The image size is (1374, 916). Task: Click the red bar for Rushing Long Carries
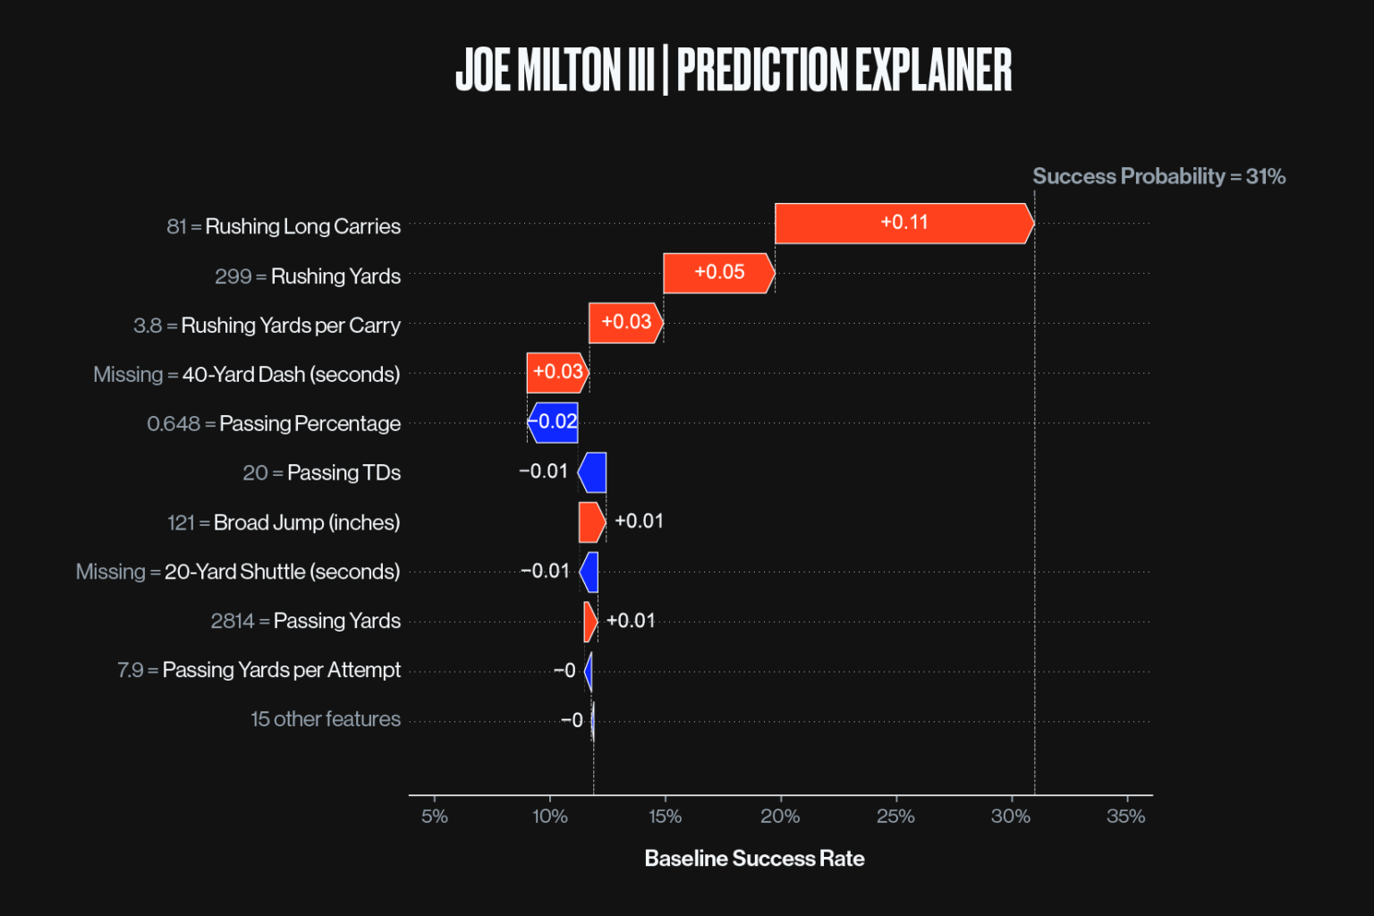coord(903,224)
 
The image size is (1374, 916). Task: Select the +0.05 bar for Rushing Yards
coord(718,273)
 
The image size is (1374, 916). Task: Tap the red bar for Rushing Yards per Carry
coord(625,323)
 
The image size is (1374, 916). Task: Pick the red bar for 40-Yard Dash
coord(557,372)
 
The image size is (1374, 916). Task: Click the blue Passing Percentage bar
coord(554,422)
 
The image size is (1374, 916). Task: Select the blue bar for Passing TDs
coord(593,472)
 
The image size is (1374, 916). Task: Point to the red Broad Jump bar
coord(591,522)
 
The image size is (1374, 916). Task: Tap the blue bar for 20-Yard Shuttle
coord(589,572)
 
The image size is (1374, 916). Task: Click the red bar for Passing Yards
coord(589,622)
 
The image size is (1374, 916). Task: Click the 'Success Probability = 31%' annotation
coord(1158,176)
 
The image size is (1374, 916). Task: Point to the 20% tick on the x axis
coord(780,816)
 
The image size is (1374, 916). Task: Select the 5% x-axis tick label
coord(435,816)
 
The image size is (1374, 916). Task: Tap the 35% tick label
coord(1125,816)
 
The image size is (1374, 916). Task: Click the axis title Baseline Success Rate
coord(754,859)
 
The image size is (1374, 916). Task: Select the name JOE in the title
coord(482,70)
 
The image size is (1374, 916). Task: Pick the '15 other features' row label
coord(326,719)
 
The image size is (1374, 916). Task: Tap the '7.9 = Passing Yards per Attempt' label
coord(259,670)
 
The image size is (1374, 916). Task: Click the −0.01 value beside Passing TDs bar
coord(543,471)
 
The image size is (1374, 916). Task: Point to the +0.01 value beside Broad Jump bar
coord(639,522)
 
